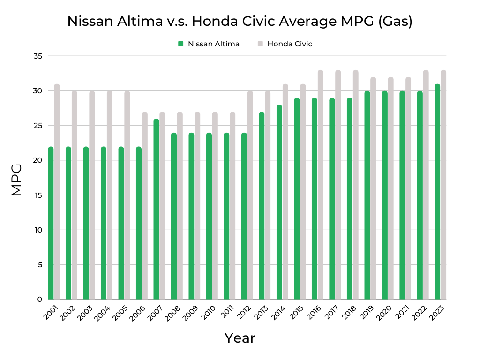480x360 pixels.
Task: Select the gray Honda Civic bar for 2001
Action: (x=57, y=192)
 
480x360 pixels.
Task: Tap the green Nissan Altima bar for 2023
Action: (x=437, y=192)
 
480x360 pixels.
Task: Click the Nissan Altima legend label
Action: (x=214, y=44)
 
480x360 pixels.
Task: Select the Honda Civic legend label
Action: (x=290, y=44)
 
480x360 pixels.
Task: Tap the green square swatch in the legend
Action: (x=180, y=44)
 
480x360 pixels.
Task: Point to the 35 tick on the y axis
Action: (x=38, y=56)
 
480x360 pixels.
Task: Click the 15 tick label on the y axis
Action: (x=38, y=195)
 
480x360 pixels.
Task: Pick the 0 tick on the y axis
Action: (x=40, y=300)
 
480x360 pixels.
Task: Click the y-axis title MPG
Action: (x=17, y=180)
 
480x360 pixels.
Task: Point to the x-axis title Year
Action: (x=240, y=338)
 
